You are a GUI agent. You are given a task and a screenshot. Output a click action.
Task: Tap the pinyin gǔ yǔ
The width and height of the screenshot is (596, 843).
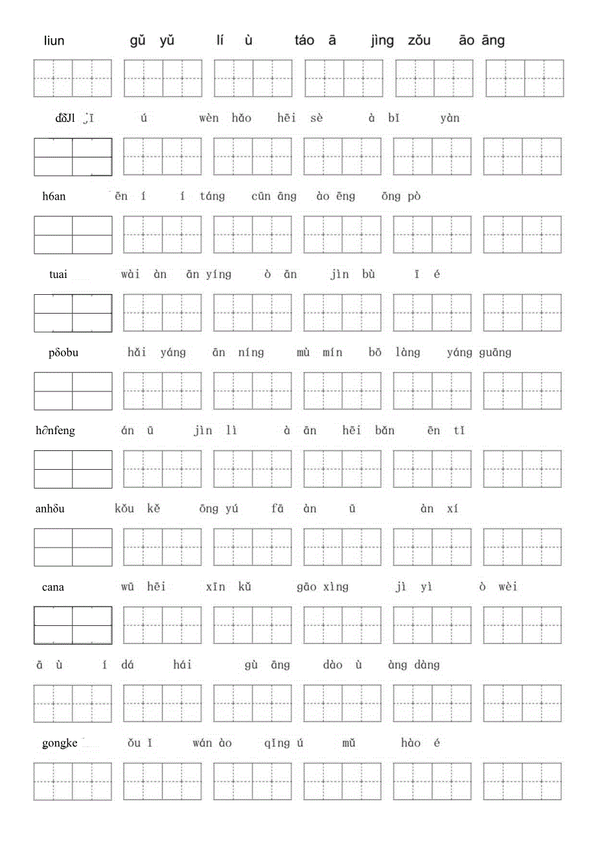coord(152,41)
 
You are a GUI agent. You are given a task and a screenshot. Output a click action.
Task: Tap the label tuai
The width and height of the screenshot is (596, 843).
coord(58,274)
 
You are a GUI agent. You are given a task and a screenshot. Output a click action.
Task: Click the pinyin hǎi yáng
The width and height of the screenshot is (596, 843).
coord(157,352)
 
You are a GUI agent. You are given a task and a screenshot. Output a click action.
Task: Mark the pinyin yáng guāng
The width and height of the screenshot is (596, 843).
coord(479,352)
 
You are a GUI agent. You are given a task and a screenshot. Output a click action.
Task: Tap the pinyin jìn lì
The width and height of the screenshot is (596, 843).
coord(211,430)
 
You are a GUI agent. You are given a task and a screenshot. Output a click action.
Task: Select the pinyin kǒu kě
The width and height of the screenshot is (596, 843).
coord(137,509)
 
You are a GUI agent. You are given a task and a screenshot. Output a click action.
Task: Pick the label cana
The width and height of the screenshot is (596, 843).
coord(52,587)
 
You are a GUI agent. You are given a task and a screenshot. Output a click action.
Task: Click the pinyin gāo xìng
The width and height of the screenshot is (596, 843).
coord(323,587)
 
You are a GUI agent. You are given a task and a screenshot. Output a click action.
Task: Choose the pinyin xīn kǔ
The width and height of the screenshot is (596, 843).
coord(228,587)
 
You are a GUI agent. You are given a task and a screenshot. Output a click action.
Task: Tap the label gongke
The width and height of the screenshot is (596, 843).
coord(60,743)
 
